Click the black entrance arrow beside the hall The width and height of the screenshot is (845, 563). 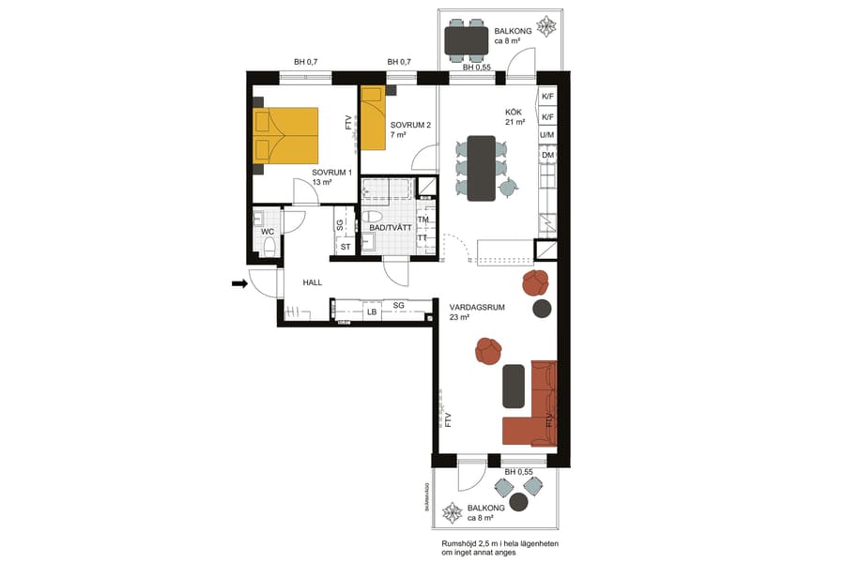pos(239,281)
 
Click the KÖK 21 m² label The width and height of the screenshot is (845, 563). pos(515,116)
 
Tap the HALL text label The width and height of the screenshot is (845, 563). pos(313,281)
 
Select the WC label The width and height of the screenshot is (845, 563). pos(268,231)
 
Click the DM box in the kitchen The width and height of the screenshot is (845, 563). pos(546,156)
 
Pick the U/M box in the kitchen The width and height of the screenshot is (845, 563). pos(546,136)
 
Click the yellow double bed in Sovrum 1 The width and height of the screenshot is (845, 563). pos(286,134)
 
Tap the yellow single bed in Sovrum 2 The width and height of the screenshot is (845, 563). pos(375,118)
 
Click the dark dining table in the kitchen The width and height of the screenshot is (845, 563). pos(481,169)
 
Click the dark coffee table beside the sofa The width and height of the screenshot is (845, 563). pos(514,386)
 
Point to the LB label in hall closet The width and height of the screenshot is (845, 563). pos(372,312)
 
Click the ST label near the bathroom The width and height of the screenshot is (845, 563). pos(345,247)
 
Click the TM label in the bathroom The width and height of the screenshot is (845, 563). pos(423,221)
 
